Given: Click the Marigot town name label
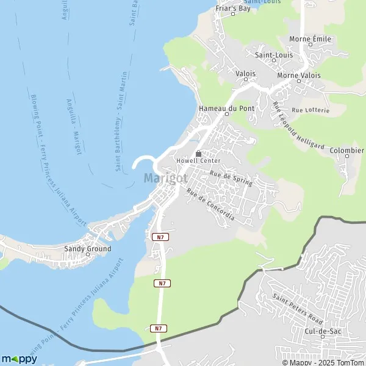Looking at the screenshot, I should (x=166, y=178).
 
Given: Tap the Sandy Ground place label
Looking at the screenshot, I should (x=88, y=249).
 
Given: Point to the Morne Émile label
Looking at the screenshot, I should (x=310, y=39).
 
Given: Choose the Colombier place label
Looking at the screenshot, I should (x=346, y=150).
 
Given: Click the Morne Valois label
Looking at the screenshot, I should (x=298, y=76).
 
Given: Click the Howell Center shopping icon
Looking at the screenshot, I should (x=198, y=154).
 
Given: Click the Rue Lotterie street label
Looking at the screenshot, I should (x=310, y=110).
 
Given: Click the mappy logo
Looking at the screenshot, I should (x=20, y=359).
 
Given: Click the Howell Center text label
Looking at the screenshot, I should (x=198, y=161).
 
